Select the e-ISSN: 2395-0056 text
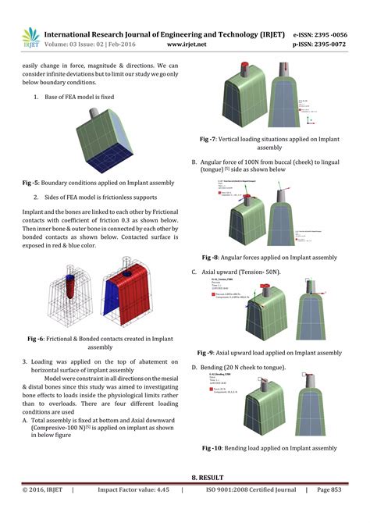[329, 35]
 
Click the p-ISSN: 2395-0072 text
[329, 46]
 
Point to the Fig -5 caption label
[34, 183]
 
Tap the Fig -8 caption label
[212, 257]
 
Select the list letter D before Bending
[194, 367]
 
